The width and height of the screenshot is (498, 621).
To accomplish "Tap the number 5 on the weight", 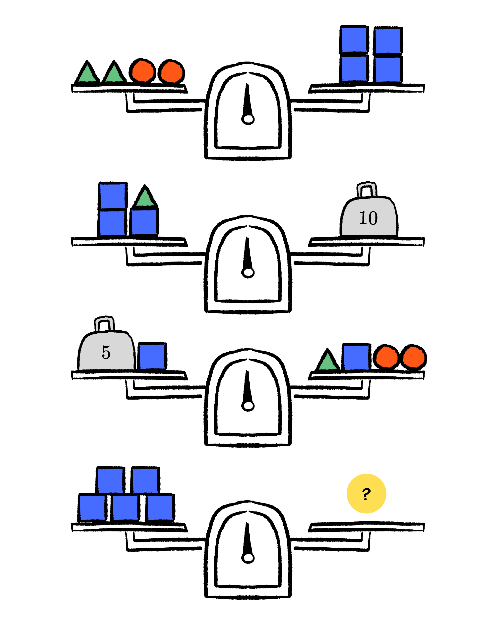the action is click(106, 352).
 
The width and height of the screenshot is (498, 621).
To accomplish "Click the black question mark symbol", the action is click(366, 494).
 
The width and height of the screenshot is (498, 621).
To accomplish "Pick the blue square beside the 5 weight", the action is click(152, 356).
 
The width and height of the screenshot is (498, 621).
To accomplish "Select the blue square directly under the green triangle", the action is click(144, 222).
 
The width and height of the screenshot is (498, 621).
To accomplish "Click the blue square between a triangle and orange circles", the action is click(356, 358).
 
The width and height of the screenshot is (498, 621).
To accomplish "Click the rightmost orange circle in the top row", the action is click(172, 72).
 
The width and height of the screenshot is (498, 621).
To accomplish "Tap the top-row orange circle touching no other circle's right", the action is click(143, 71).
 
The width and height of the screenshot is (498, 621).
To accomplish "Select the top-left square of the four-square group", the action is click(354, 40).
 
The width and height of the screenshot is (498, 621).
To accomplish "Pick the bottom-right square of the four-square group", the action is click(388, 69).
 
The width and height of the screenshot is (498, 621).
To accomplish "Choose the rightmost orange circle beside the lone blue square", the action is click(414, 357).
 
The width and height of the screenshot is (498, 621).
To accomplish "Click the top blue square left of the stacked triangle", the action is click(112, 196).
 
